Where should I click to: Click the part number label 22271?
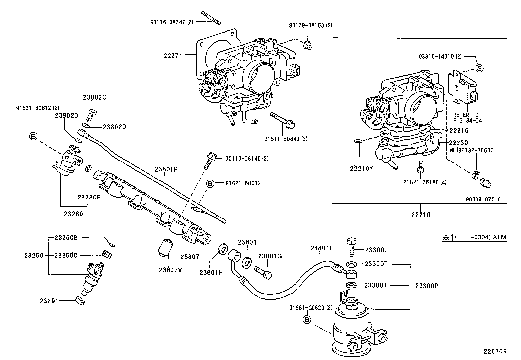point(172,56)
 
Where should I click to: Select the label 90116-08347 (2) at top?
point(172,22)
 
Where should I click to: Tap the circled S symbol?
point(479,68)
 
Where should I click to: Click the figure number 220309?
point(495,351)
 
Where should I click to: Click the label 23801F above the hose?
point(322,248)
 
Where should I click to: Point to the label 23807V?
point(170,270)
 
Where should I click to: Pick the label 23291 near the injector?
point(49,300)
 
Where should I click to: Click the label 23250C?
point(65,255)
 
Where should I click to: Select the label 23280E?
point(89,197)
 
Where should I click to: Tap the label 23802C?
point(95,97)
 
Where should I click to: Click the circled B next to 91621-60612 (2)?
point(33,136)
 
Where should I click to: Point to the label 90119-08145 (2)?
point(247,158)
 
